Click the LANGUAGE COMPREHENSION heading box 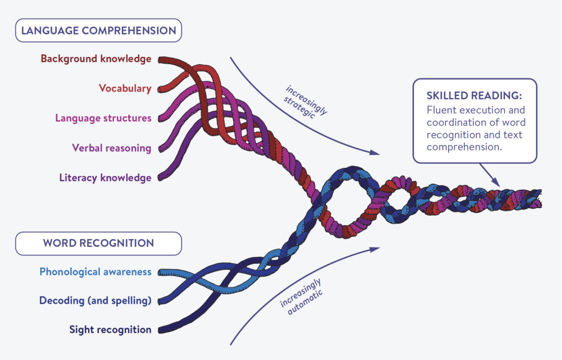pos(98,30)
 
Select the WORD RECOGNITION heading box pos(98,243)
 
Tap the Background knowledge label pos(96,59)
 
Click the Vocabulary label pos(125,88)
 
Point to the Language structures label pos(103,118)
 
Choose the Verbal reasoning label pos(111,148)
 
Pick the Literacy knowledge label pos(105,177)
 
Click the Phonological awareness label pos(95,272)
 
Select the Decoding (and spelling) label pos(95,300)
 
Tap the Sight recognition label pos(110,329)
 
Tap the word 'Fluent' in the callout pos(440,110)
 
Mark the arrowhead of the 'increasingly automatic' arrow pos(375,249)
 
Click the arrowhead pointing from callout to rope pos(496,183)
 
